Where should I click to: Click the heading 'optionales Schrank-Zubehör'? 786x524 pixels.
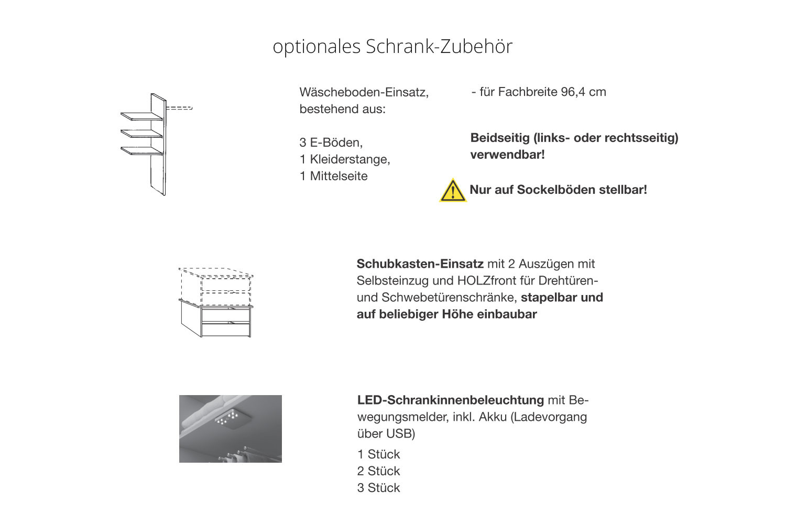[392, 47]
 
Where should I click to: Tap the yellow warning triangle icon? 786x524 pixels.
[452, 191]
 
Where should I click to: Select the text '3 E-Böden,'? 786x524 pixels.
[331, 143]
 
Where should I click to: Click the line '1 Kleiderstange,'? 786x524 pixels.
[345, 159]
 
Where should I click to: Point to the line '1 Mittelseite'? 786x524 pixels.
[333, 176]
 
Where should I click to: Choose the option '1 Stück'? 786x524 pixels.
[378, 454]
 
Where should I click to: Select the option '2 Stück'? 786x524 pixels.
[378, 471]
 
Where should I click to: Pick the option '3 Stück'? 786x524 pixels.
[378, 488]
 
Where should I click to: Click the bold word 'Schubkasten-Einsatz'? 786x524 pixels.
[420, 264]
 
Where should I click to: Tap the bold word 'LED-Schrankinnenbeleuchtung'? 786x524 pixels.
[451, 400]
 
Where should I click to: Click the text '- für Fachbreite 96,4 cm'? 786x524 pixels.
[539, 92]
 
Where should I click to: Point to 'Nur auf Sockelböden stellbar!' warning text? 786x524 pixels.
[558, 190]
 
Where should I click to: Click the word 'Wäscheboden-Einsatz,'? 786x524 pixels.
[364, 92]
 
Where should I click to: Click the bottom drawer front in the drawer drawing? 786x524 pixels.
[226, 330]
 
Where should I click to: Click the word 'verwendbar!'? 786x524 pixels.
[507, 155]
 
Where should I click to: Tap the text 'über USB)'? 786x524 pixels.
[386, 434]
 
